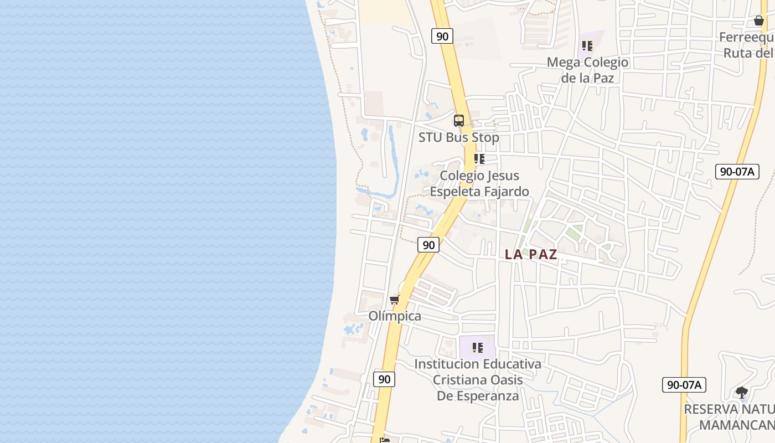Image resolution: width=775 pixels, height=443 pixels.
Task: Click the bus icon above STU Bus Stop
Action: point(459,120)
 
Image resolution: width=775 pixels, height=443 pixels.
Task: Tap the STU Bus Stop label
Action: point(458,137)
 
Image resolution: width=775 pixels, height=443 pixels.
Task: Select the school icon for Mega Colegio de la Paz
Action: point(587,46)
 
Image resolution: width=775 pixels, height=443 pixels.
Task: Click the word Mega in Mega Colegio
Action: point(562,62)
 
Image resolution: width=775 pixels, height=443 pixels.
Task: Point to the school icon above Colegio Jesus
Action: point(479,159)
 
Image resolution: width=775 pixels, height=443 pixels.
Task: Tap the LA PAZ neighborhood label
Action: point(531,255)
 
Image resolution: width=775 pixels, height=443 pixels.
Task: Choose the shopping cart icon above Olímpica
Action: point(394,300)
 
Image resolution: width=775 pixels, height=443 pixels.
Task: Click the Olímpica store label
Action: point(395,316)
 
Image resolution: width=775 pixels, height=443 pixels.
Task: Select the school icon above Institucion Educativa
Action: point(477,348)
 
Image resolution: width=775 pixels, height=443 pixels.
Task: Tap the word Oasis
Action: point(508,380)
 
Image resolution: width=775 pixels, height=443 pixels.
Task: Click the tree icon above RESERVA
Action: point(741,393)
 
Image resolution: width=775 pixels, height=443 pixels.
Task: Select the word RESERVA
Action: point(711,409)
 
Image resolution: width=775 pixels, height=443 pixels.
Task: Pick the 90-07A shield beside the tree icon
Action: point(684,385)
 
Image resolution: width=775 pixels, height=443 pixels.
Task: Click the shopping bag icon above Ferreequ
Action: point(758,20)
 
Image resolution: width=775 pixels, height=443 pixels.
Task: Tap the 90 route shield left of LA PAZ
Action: point(428,245)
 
